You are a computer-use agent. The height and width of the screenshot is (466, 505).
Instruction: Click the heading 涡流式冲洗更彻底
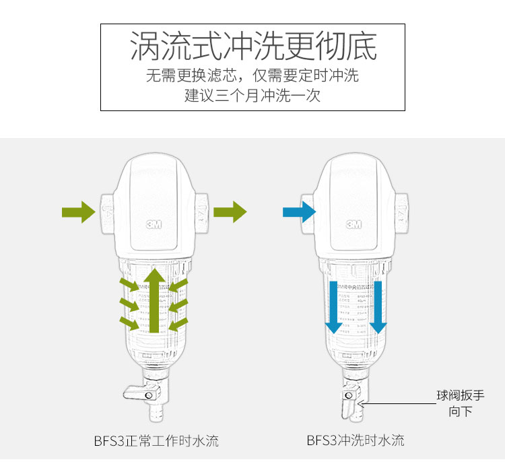(x=252, y=47)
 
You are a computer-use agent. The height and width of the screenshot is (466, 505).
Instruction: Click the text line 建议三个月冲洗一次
(x=252, y=96)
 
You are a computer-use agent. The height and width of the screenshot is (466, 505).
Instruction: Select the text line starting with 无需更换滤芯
(x=252, y=75)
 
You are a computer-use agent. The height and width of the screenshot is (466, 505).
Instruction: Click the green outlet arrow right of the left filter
(x=230, y=212)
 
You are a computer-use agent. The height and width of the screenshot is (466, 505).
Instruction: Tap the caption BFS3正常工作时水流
(x=156, y=441)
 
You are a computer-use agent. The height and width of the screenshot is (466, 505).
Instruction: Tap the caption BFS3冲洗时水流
(x=355, y=441)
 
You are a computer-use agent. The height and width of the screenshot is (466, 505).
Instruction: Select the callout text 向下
(x=461, y=411)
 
